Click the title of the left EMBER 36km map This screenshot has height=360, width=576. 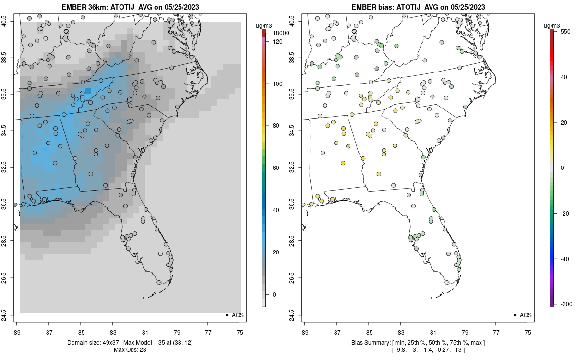tap(129, 7)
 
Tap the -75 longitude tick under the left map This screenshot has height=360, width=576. tap(239, 332)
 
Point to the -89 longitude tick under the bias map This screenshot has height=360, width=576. tap(304, 332)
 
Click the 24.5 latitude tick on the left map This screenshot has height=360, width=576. tap(10, 315)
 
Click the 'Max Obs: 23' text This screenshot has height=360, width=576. tap(129, 349)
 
